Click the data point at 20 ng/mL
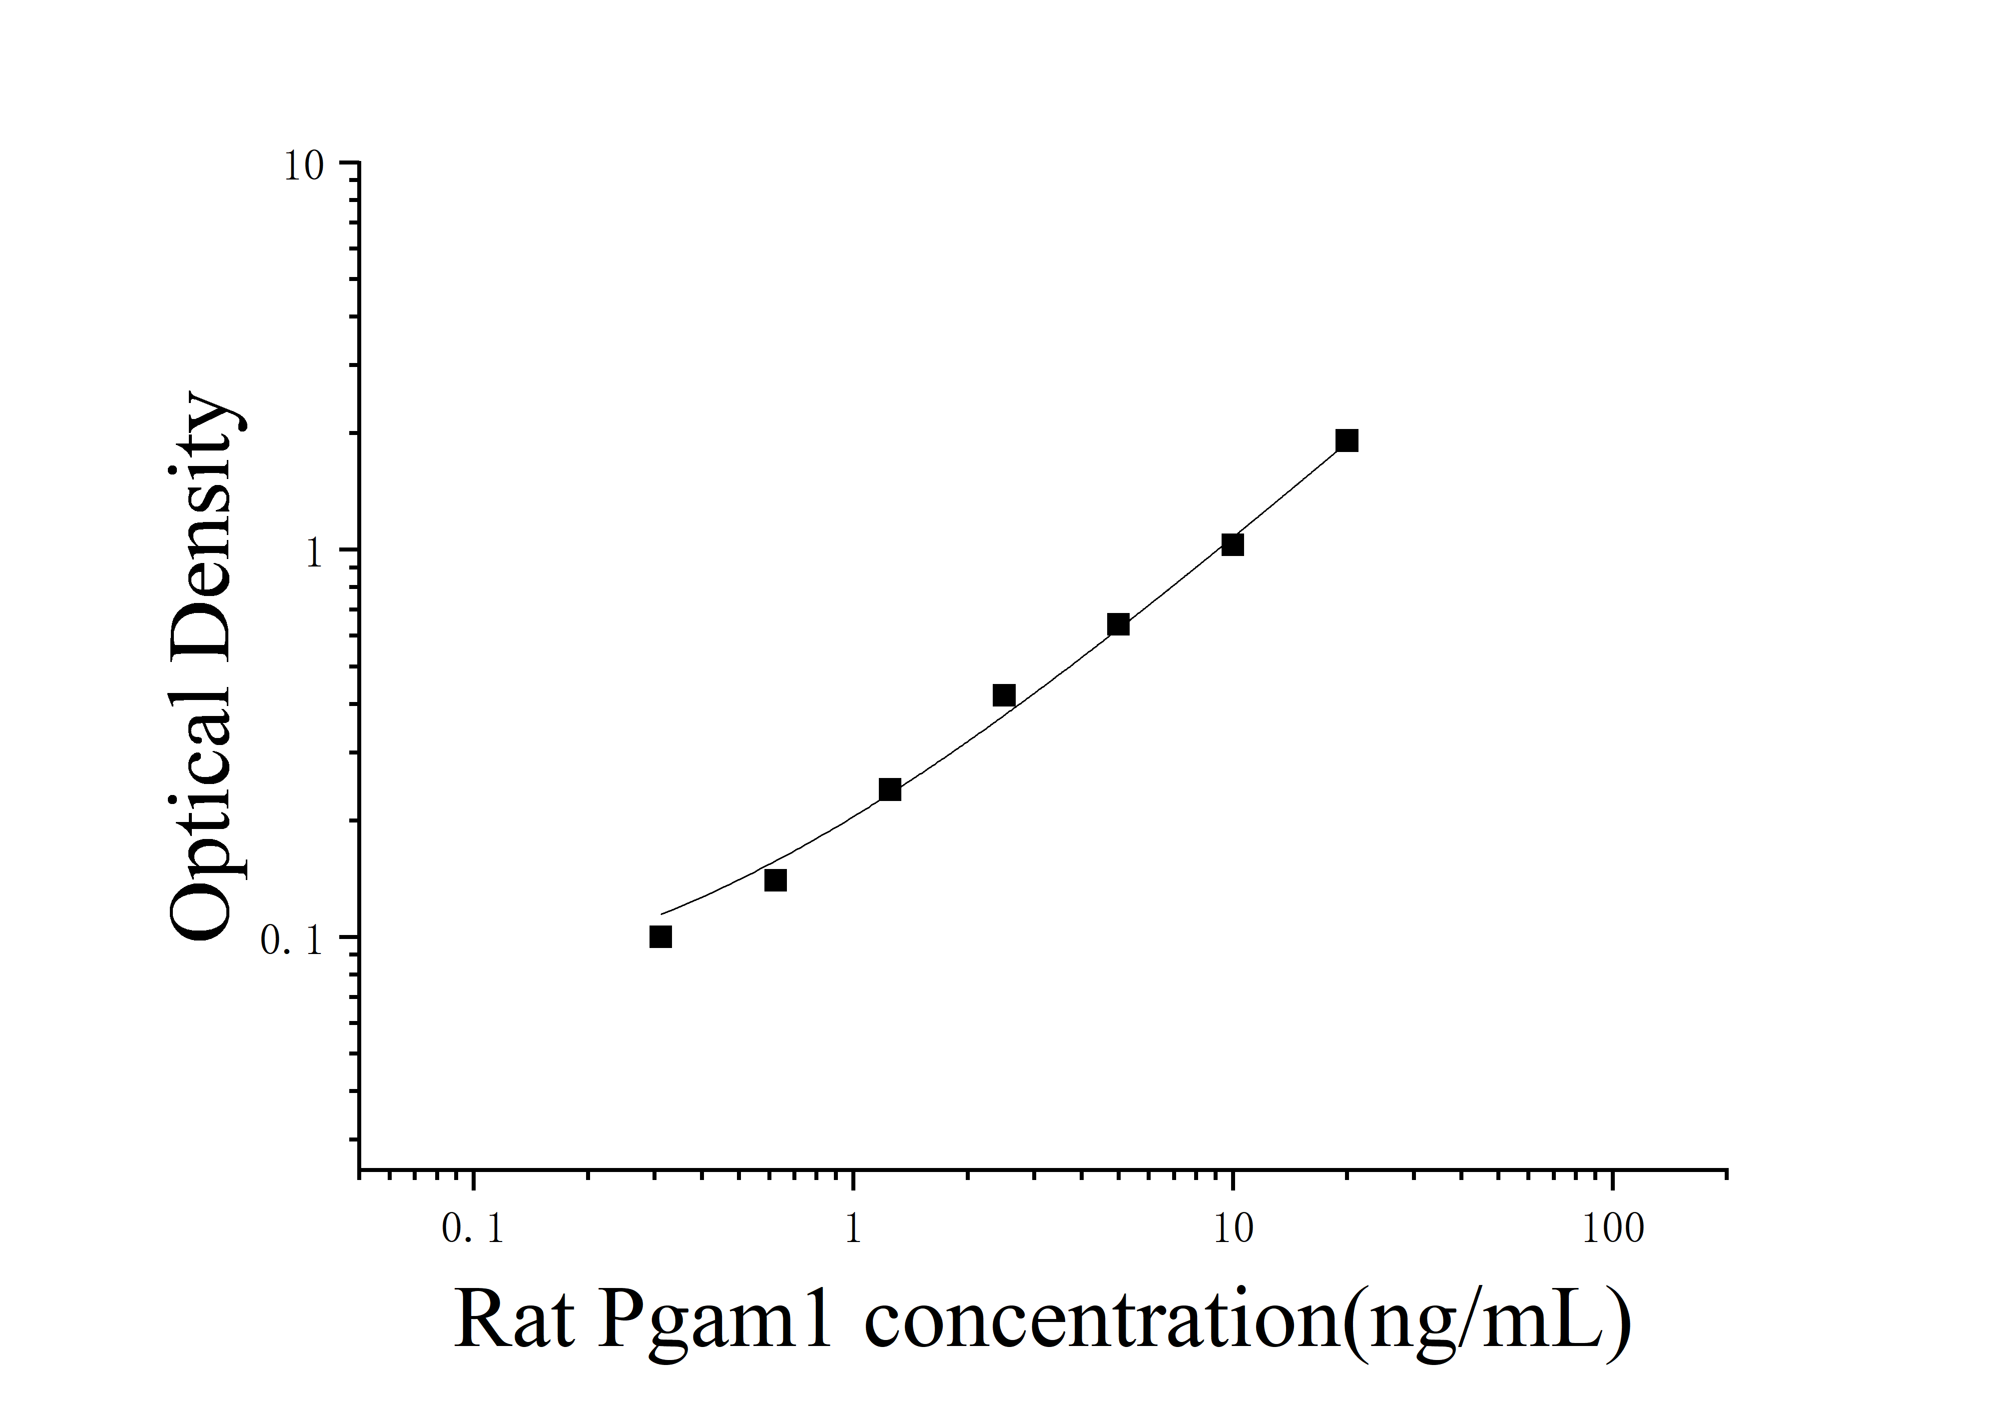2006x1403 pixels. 1346,440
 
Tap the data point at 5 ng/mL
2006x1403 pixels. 1118,625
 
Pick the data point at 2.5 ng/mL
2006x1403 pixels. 1004,696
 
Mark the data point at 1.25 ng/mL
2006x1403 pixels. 889,790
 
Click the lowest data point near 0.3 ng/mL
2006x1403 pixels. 661,937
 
